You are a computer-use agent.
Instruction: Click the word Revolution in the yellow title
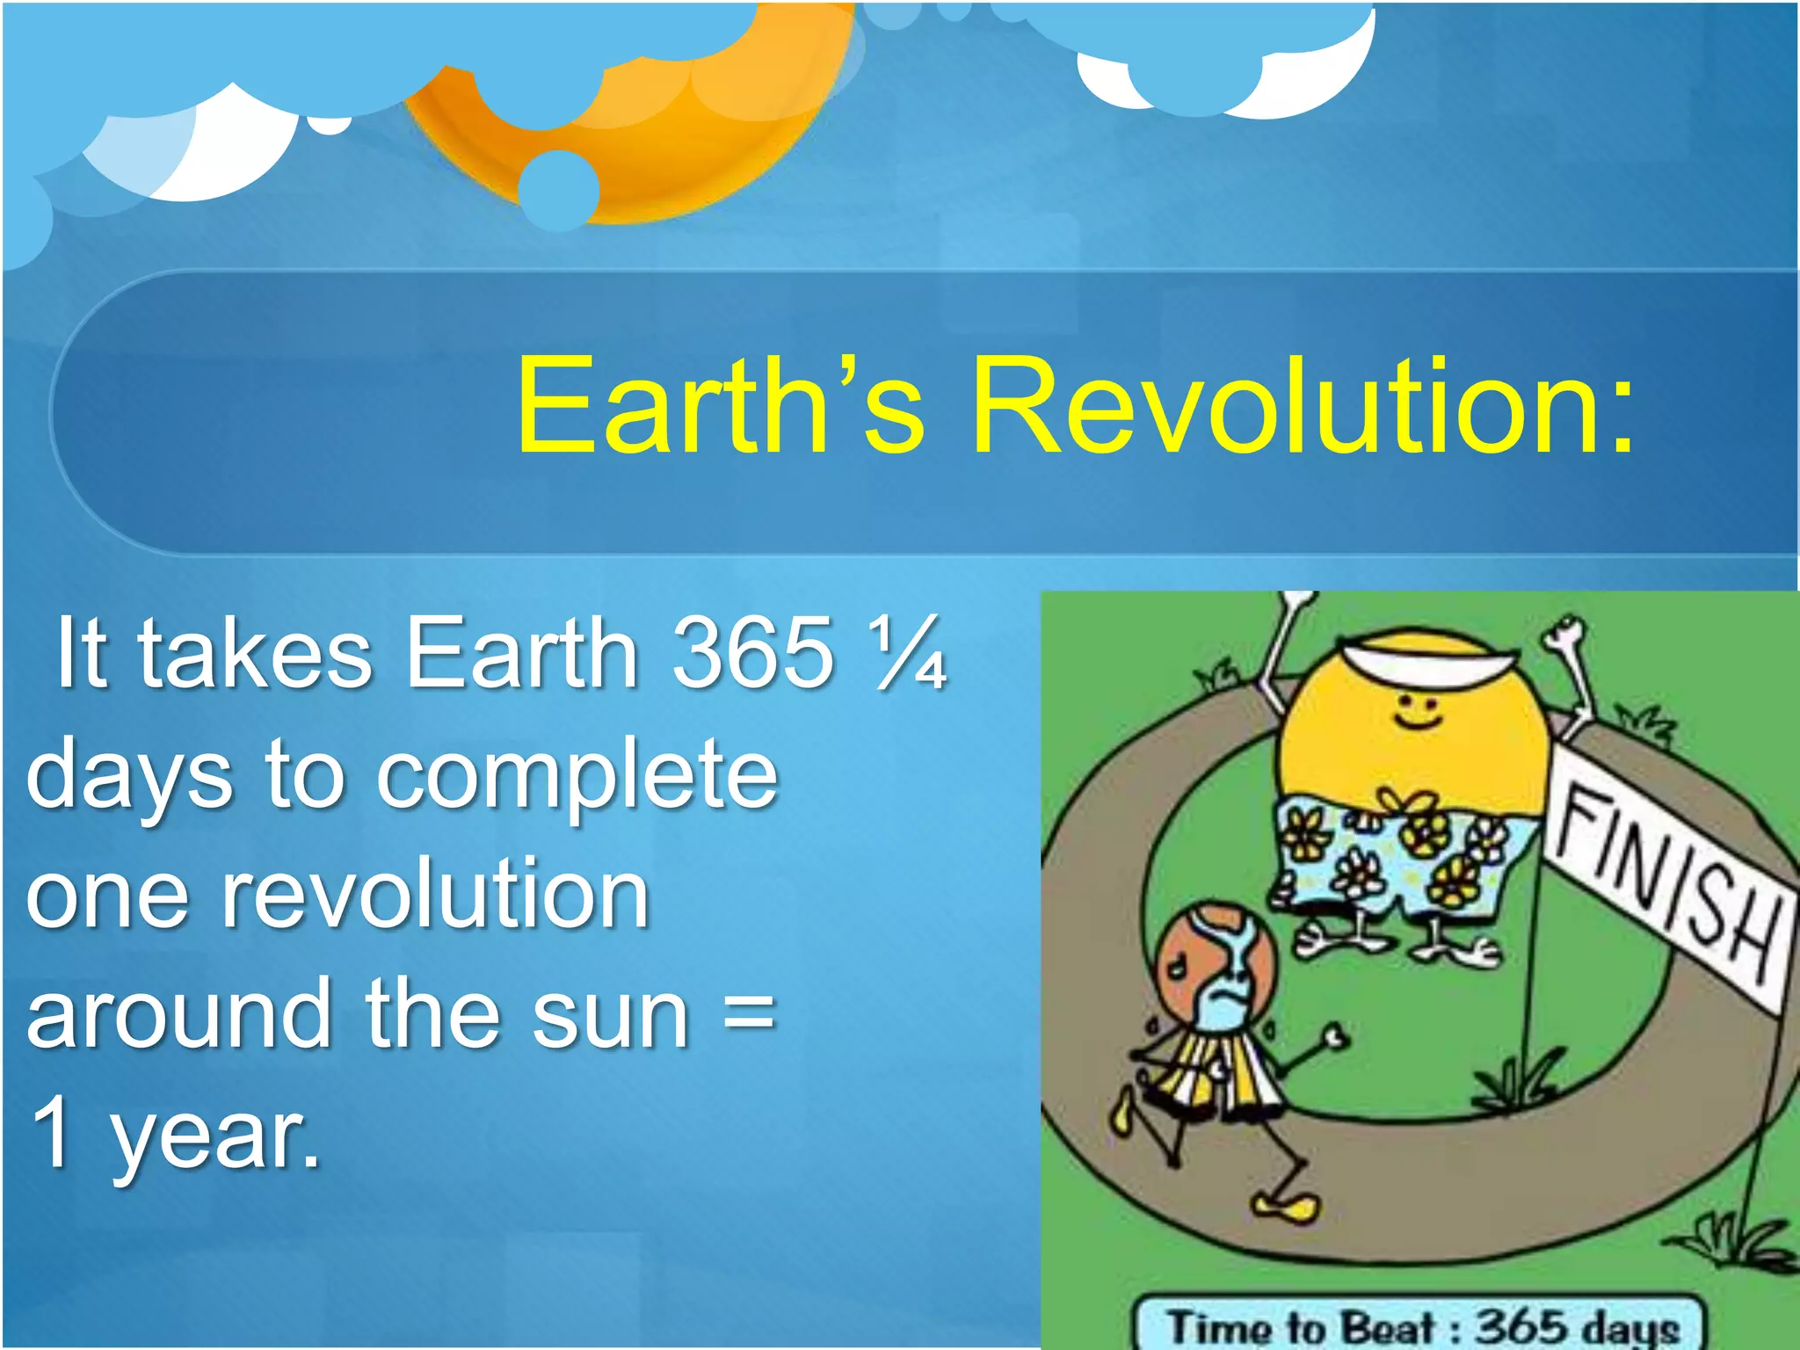pyautogui.click(x=1301, y=406)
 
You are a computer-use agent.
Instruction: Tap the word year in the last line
pyautogui.click(x=215, y=1136)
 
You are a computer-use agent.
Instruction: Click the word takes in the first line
pyautogui.click(x=255, y=652)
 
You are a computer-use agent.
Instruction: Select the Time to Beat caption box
pyautogui.click(x=1419, y=1325)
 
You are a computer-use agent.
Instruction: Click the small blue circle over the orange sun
pyautogui.click(x=558, y=189)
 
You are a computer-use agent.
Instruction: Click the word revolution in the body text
pyautogui.click(x=435, y=895)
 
